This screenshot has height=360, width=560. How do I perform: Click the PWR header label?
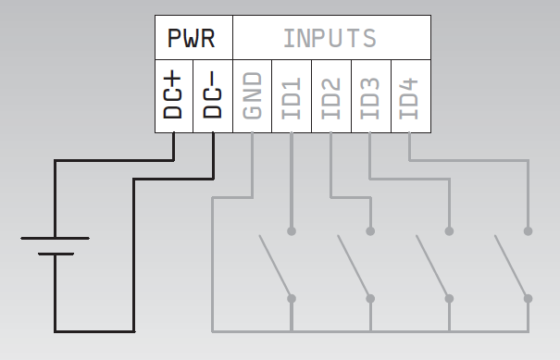(x=193, y=39)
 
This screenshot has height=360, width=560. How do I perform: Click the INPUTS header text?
(x=330, y=39)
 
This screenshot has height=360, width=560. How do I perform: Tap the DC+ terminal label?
(x=174, y=95)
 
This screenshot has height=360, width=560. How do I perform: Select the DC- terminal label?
(x=213, y=95)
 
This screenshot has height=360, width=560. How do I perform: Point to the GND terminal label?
(x=253, y=95)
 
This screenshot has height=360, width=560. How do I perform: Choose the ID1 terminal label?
(x=292, y=95)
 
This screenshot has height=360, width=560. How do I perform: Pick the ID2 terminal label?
(x=331, y=95)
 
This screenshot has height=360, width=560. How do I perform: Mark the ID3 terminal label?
(x=370, y=95)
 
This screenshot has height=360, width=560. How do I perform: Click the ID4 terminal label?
(x=410, y=95)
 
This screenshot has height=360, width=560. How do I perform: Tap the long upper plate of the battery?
(x=55, y=238)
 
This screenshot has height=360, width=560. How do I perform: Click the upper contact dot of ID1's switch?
(x=292, y=230)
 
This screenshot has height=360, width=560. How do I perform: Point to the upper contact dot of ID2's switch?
(x=371, y=230)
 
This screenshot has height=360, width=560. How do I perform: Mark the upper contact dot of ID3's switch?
(x=450, y=230)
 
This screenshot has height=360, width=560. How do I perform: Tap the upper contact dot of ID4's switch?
(x=529, y=230)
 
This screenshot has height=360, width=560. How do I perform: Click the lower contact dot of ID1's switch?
(x=292, y=298)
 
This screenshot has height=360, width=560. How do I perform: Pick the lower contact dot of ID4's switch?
(x=529, y=298)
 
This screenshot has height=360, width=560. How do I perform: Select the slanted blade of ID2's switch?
(x=354, y=267)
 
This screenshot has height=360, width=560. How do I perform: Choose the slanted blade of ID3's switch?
(x=432, y=267)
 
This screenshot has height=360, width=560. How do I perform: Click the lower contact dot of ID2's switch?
(x=371, y=298)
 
